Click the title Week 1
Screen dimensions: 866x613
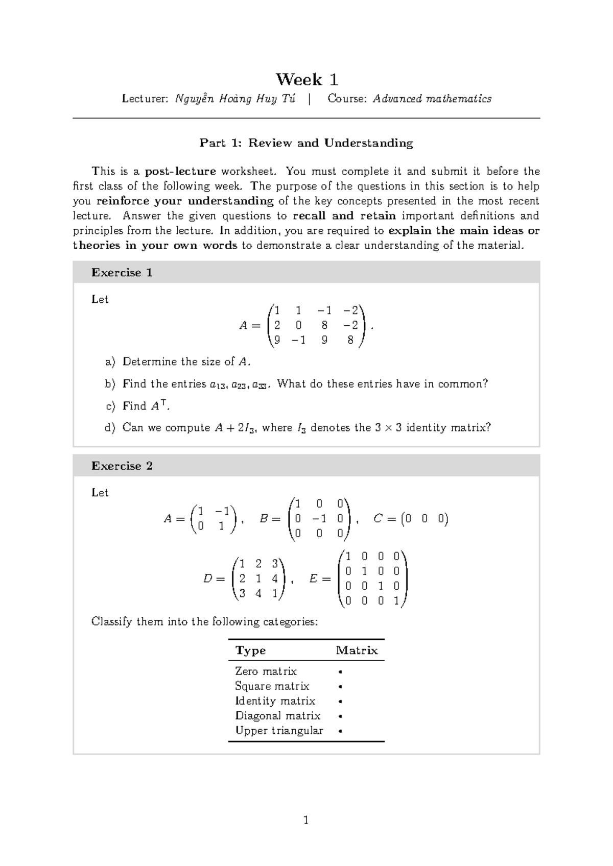pyautogui.click(x=306, y=80)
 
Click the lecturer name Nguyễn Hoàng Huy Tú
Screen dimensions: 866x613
pyautogui.click(x=235, y=99)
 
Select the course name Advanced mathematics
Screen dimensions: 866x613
pyautogui.click(x=432, y=99)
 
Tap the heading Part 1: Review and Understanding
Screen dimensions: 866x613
pyautogui.click(x=306, y=143)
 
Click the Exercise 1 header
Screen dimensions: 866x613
pyautogui.click(x=122, y=273)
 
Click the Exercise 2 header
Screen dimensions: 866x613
pyautogui.click(x=122, y=466)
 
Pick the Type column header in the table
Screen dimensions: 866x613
pyautogui.click(x=250, y=651)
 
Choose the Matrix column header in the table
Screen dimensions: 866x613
pyautogui.click(x=357, y=651)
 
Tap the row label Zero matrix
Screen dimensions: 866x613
pyautogui.click(x=266, y=671)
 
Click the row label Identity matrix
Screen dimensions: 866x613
pyautogui.click(x=275, y=701)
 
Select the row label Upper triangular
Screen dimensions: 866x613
pyautogui.click(x=279, y=731)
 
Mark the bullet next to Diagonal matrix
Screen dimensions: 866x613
pyautogui.click(x=340, y=716)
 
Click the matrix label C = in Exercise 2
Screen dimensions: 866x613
pyautogui.click(x=385, y=519)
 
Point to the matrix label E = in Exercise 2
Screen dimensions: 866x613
pyautogui.click(x=319, y=579)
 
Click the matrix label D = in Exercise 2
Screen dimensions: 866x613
pyautogui.click(x=214, y=579)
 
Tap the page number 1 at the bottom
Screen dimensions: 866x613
pyautogui.click(x=306, y=821)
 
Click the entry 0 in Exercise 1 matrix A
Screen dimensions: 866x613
pyautogui.click(x=298, y=325)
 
